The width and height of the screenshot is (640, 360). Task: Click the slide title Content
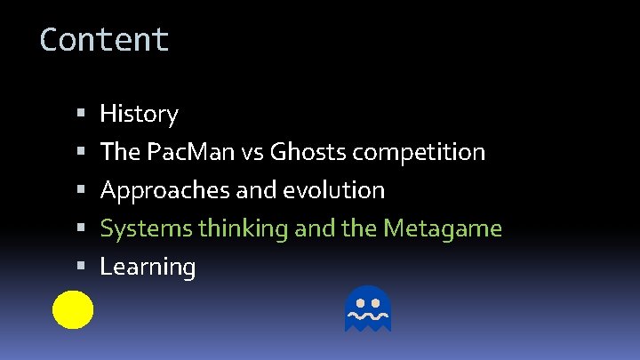point(104,40)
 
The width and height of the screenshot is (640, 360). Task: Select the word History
point(139,114)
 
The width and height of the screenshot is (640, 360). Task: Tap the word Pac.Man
point(182,152)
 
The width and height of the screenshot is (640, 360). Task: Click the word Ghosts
point(308,152)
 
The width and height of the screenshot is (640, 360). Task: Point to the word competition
point(419,152)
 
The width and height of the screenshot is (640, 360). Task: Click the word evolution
point(339,190)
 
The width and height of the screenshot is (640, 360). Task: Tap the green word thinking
point(244,229)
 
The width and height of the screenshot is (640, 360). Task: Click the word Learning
point(148,267)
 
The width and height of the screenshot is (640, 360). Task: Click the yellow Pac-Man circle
point(73,309)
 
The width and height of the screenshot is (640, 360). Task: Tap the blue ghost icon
point(368,309)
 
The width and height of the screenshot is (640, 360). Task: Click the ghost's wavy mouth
point(368,315)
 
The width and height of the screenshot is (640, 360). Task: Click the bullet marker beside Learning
point(80,267)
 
